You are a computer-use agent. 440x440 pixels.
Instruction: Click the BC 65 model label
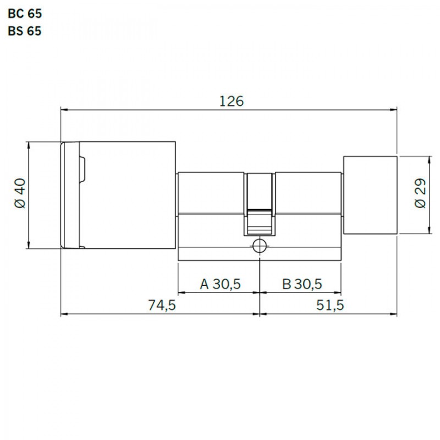pyautogui.click(x=25, y=13)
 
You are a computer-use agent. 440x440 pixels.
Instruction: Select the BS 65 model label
pyautogui.click(x=25, y=31)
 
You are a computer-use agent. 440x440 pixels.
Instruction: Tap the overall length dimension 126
pyautogui.click(x=231, y=101)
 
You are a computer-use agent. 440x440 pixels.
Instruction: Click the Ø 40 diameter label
pyautogui.click(x=20, y=194)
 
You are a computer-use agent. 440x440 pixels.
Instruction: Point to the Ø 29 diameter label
pyautogui.click(x=420, y=194)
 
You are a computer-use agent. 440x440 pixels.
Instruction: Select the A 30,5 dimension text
pyautogui.click(x=221, y=284)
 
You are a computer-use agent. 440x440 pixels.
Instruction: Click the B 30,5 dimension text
pyautogui.click(x=301, y=284)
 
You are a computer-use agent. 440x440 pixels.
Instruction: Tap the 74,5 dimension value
pyautogui.click(x=162, y=305)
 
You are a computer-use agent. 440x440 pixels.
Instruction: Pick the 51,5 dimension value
pyautogui.click(x=330, y=305)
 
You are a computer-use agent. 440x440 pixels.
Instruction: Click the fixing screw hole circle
pyautogui.click(x=260, y=246)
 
